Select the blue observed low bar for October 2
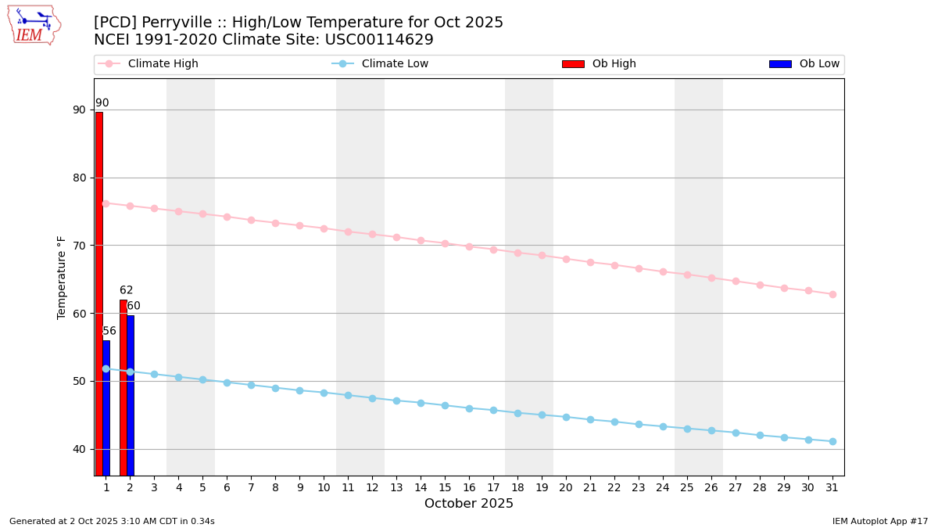click(131, 395)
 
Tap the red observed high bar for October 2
click(123, 387)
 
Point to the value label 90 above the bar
click(102, 103)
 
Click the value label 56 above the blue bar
click(109, 331)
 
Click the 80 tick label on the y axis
click(80, 178)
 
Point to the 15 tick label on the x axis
click(445, 487)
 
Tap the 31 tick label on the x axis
click(832, 487)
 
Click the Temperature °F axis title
click(62, 277)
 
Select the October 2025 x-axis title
click(469, 504)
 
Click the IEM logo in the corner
click(34, 25)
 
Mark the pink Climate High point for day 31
click(832, 294)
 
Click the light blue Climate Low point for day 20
click(566, 417)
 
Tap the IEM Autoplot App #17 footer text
click(880, 521)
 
